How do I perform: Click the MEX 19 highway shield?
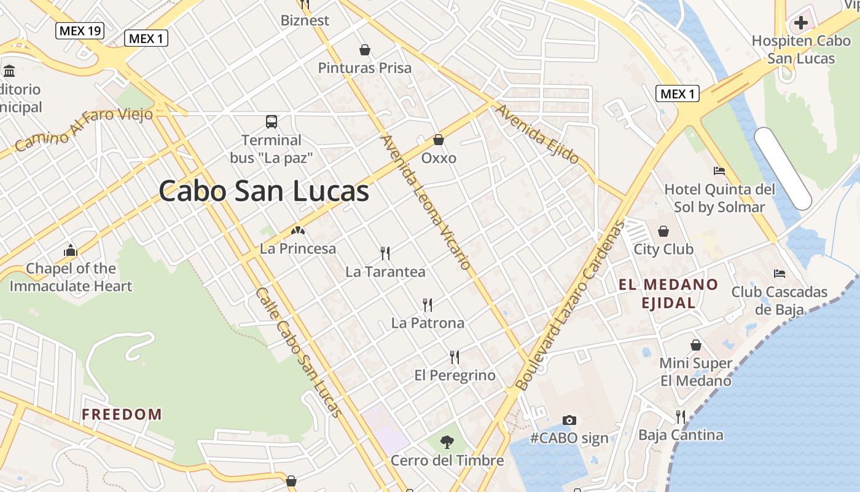tap(80, 30)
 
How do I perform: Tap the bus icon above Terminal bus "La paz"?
tap(272, 122)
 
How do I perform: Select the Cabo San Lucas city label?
tap(264, 191)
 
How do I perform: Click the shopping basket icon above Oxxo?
tap(439, 140)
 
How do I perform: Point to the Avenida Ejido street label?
tap(537, 135)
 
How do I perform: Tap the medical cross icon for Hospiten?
tap(800, 23)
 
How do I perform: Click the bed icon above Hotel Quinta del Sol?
tap(719, 171)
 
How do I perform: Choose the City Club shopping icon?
tap(663, 231)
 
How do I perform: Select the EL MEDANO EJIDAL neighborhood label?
tap(668, 293)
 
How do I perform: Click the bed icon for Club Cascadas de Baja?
tap(780, 274)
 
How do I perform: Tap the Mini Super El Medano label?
tap(696, 372)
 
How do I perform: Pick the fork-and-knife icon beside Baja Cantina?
tap(681, 417)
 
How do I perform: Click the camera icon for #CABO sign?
tap(569, 421)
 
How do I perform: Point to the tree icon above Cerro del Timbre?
tap(447, 442)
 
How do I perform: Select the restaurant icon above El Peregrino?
tap(455, 357)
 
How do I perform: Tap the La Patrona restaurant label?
tap(428, 323)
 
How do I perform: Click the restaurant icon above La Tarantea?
tap(385, 253)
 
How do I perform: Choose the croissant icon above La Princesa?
tap(298, 231)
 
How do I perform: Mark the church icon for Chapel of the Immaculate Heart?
tap(71, 250)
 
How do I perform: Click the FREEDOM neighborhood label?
tap(122, 415)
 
